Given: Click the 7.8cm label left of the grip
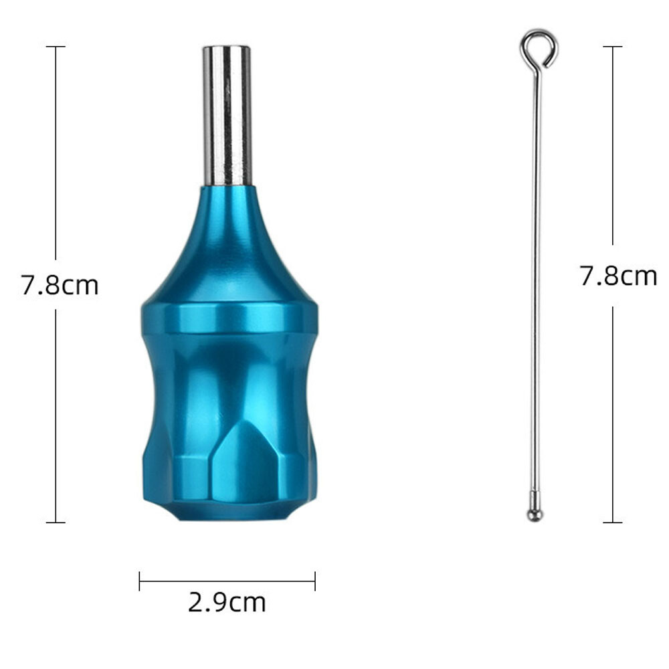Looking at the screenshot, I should tap(60, 286).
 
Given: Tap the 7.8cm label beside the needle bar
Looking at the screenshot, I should tap(617, 276).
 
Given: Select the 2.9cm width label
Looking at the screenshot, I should tap(227, 603).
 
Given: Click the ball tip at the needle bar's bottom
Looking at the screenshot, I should tap(535, 515).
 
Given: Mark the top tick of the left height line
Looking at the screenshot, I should tap(56, 47).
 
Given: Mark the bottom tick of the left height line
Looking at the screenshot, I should tap(56, 522).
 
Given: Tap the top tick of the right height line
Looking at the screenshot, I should tap(612, 47).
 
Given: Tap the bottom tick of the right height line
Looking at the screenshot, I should tap(612, 522).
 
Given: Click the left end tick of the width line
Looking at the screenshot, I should tap(140, 581).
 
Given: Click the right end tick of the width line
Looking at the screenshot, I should tap(315, 581).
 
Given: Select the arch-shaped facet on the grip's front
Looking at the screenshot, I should tap(244, 462).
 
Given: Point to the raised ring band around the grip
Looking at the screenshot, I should tap(229, 318).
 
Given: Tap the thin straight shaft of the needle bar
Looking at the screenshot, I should tap(535, 281).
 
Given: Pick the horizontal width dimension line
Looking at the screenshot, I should tap(227, 581).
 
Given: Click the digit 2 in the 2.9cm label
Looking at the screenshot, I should tap(195, 603).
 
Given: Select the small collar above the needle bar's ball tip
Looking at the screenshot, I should tap(535, 499).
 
